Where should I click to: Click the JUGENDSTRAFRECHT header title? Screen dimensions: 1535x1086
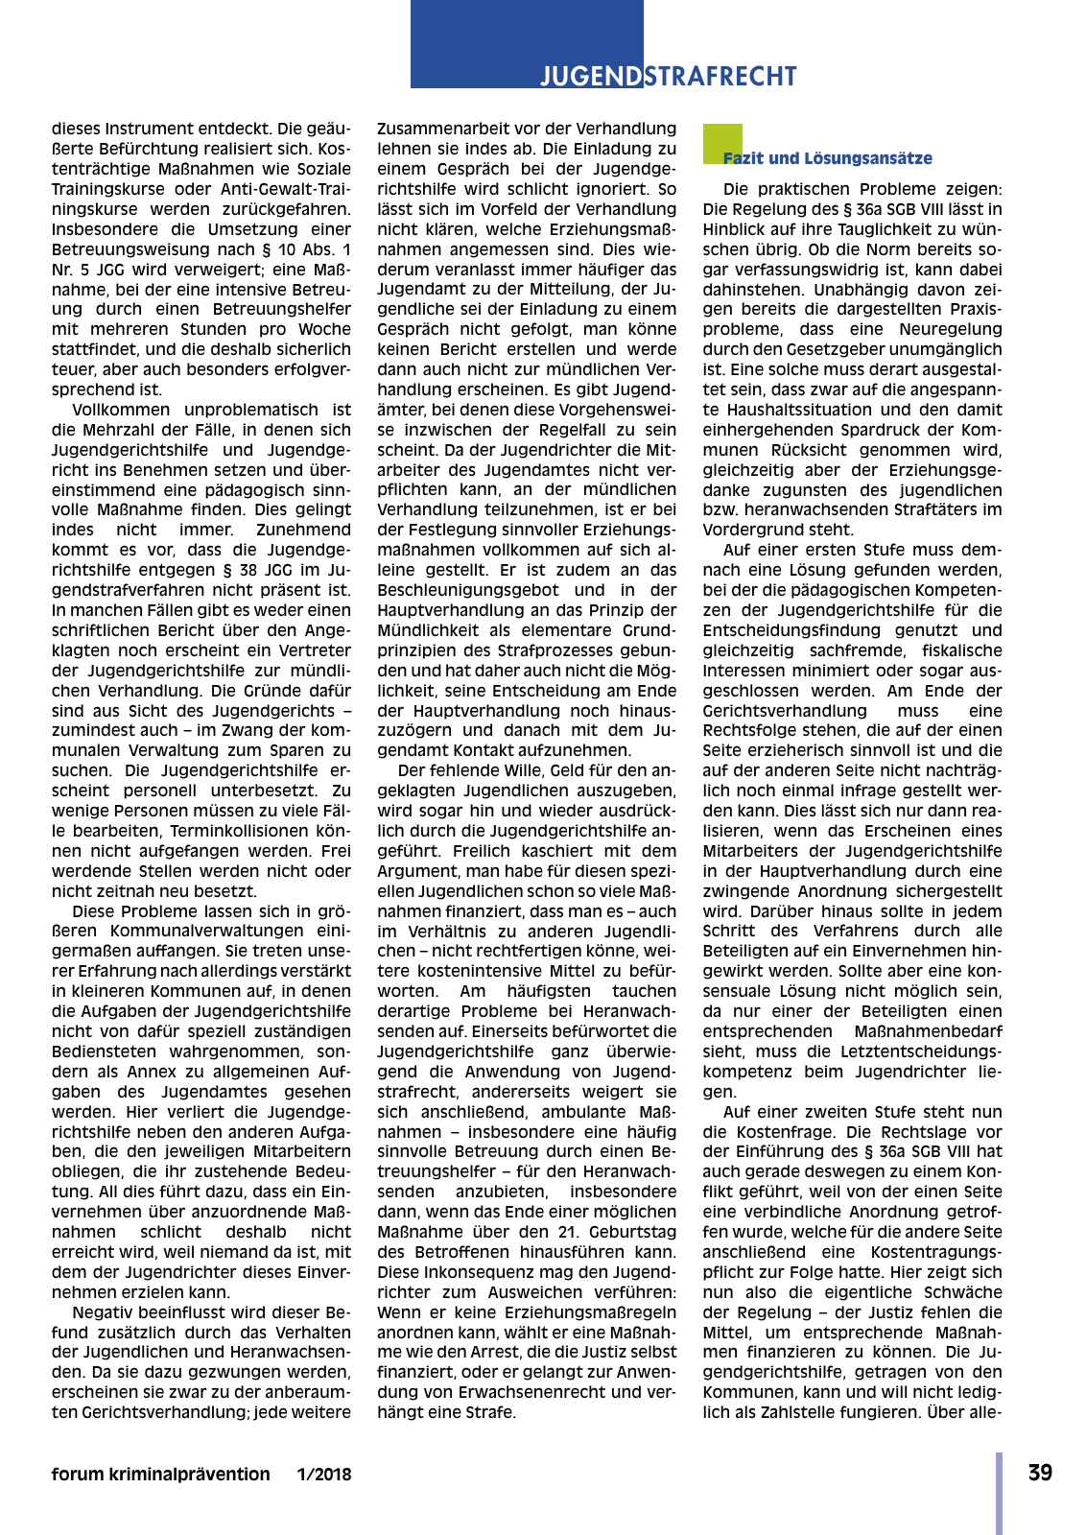(668, 76)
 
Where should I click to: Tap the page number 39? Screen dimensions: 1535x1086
(1040, 1473)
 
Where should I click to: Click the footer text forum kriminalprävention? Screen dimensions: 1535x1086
(160, 1474)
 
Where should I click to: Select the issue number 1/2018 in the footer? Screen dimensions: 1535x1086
(323, 1474)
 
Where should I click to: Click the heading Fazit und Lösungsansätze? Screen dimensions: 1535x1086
(828, 158)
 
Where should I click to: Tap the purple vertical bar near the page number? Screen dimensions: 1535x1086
(999, 1493)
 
